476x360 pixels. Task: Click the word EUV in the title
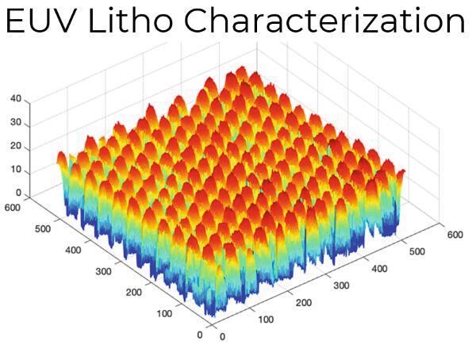40,22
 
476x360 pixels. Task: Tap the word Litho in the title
123,22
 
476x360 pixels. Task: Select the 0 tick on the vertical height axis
18,193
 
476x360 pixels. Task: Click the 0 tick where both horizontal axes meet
200,334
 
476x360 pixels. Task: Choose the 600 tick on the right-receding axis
454,234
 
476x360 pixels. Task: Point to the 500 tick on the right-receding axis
416,251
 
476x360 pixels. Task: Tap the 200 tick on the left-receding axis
132,291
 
